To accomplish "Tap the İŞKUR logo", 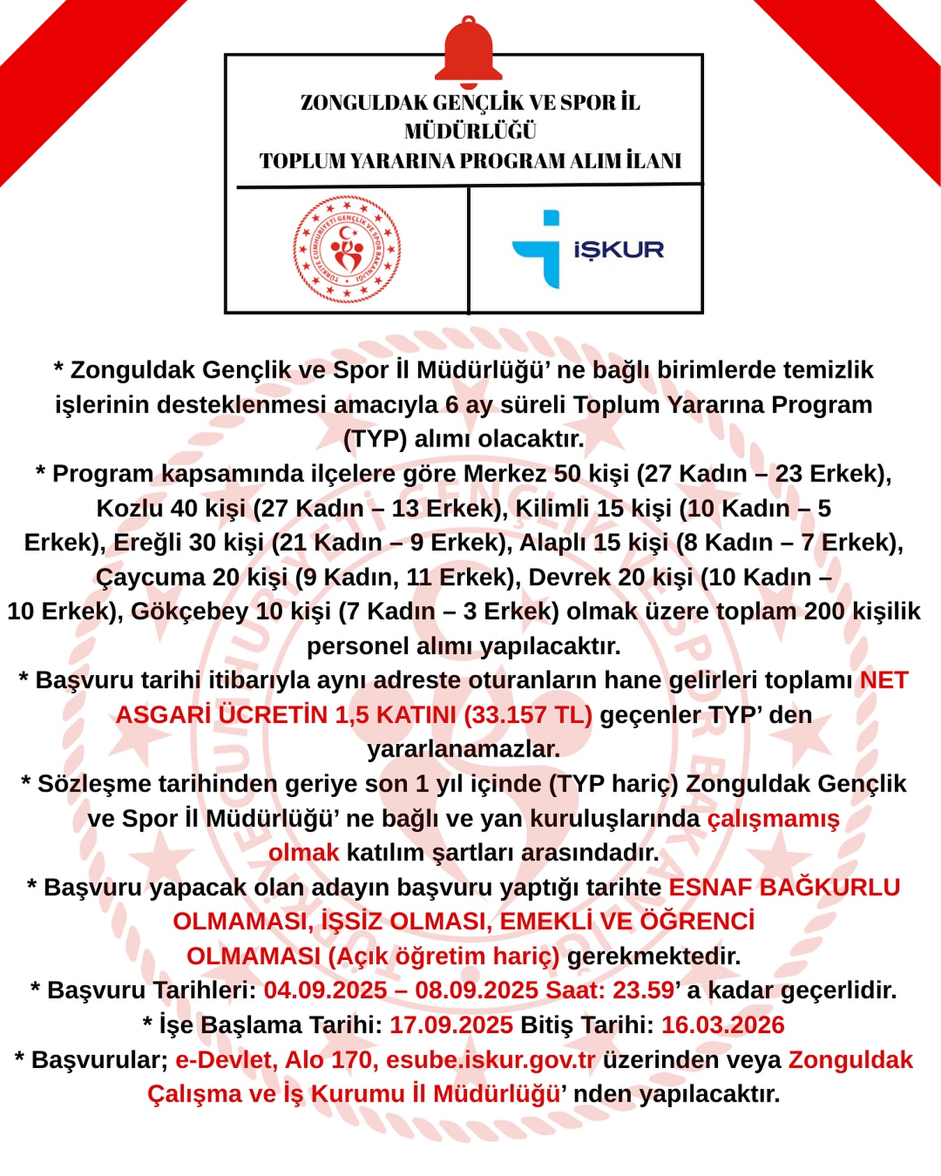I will [x=588, y=249].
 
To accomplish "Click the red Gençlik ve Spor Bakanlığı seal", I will [x=346, y=249].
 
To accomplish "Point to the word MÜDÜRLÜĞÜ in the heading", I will [x=470, y=131].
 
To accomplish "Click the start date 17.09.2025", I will [x=451, y=1025].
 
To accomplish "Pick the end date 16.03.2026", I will [x=723, y=1025].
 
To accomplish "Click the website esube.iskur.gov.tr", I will [x=491, y=1060].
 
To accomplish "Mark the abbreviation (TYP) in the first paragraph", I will [x=375, y=439].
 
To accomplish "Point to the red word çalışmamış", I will [x=774, y=818].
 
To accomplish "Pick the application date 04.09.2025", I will [x=326, y=990].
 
